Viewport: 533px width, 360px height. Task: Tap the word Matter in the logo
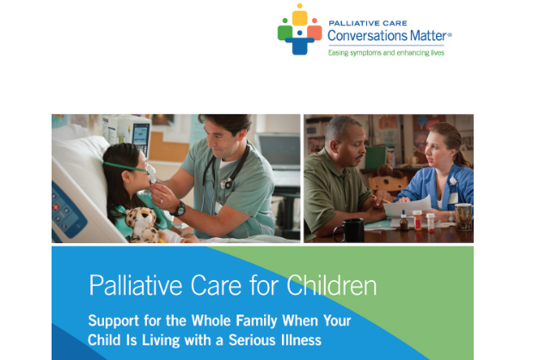(x=428, y=36)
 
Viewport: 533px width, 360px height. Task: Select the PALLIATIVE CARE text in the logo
(x=368, y=23)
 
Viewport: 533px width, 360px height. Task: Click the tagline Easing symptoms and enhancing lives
(x=386, y=52)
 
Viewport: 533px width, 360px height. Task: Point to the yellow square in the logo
(x=300, y=18)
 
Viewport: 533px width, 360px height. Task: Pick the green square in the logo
(x=285, y=33)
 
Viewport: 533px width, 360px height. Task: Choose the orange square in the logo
(x=315, y=33)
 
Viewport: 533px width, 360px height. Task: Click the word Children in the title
(x=332, y=285)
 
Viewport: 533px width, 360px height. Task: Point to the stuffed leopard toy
(x=143, y=225)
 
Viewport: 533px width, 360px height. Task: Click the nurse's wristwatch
(x=179, y=209)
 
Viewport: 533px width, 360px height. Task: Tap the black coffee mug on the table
(x=350, y=230)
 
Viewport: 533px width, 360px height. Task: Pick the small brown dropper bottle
(x=404, y=221)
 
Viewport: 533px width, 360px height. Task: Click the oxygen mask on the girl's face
(x=150, y=174)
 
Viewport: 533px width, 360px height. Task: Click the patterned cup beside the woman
(x=463, y=217)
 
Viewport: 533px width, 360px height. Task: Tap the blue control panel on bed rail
(x=67, y=211)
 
